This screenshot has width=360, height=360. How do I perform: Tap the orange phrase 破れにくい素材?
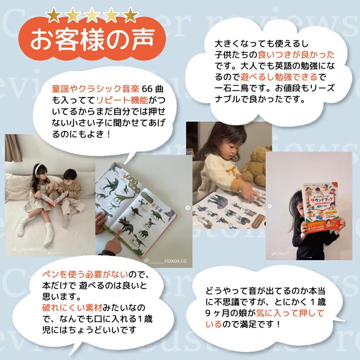[72, 308]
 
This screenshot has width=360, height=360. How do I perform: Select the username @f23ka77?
[280, 254]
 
